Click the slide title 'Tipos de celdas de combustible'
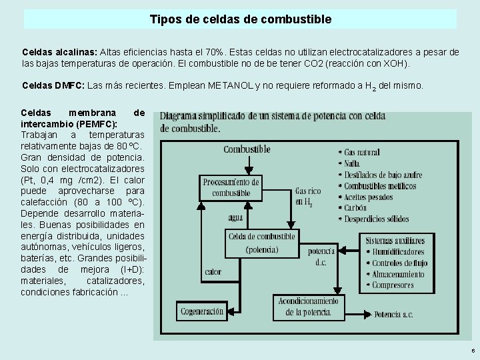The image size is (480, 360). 240,19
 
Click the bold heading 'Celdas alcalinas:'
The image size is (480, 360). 59,52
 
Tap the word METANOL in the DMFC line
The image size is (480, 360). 230,86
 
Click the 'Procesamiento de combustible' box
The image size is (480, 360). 231,187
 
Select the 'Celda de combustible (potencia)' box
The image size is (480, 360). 261,243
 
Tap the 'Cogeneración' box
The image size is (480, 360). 201,311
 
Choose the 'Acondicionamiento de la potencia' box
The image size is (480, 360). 309,307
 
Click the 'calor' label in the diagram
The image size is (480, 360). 213,271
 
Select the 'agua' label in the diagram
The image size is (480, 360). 235,217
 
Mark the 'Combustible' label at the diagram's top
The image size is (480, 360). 247,149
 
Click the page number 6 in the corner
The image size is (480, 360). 473,351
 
